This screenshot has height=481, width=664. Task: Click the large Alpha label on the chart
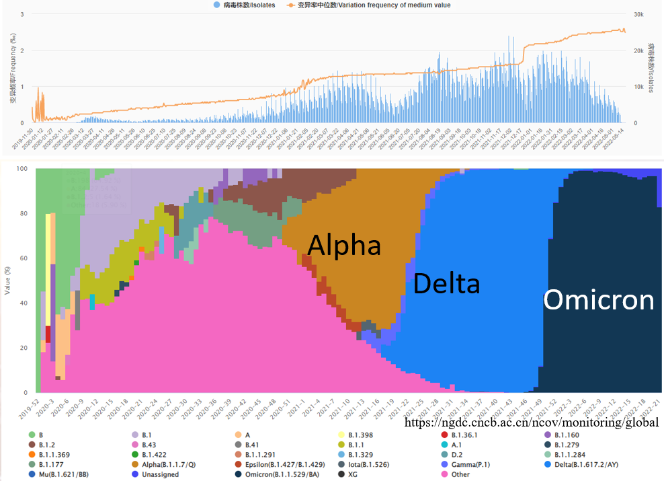344,245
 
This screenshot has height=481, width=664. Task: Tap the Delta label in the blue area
446,284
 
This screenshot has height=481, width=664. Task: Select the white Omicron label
598,300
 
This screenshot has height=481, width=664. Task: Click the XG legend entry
351,474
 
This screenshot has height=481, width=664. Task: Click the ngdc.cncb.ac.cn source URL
532,422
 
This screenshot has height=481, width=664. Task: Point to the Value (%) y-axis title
7,281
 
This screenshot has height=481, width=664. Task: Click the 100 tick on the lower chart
23,168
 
